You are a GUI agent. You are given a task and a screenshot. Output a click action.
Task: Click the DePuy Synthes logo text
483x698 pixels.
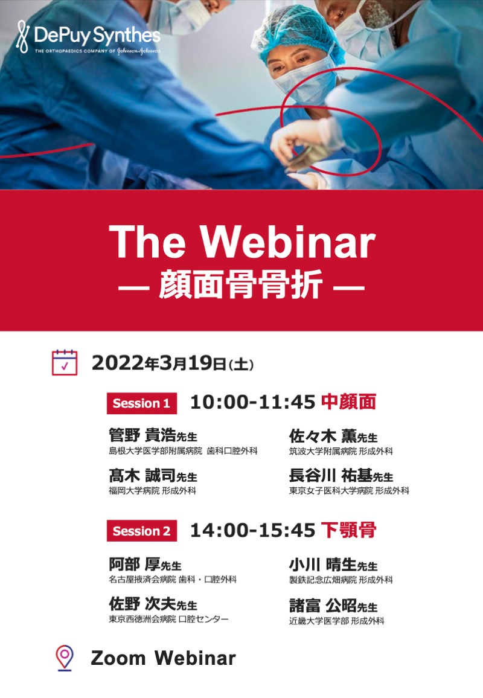click(97, 35)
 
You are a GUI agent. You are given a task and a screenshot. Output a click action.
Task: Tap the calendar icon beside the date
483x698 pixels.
click(65, 363)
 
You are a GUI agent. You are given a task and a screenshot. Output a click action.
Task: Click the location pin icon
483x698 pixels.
click(65, 658)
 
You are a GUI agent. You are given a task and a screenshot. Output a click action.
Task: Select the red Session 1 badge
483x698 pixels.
click(141, 403)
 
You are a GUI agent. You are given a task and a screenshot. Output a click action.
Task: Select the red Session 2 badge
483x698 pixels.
click(141, 531)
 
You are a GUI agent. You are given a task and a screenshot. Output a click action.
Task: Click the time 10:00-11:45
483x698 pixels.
click(253, 402)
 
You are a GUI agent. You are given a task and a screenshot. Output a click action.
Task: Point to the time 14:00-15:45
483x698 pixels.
click(253, 530)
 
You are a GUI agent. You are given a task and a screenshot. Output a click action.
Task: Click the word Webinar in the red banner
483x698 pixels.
click(287, 242)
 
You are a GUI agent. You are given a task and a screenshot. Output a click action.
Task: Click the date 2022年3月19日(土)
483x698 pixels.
click(173, 363)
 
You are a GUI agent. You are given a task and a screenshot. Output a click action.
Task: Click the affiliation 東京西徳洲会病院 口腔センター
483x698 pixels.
click(168, 620)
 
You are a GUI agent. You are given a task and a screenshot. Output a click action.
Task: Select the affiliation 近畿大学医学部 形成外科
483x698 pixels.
click(336, 621)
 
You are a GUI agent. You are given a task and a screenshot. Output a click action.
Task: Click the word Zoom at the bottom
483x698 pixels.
click(118, 658)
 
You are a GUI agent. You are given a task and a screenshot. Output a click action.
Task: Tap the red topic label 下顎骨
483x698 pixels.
click(349, 530)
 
